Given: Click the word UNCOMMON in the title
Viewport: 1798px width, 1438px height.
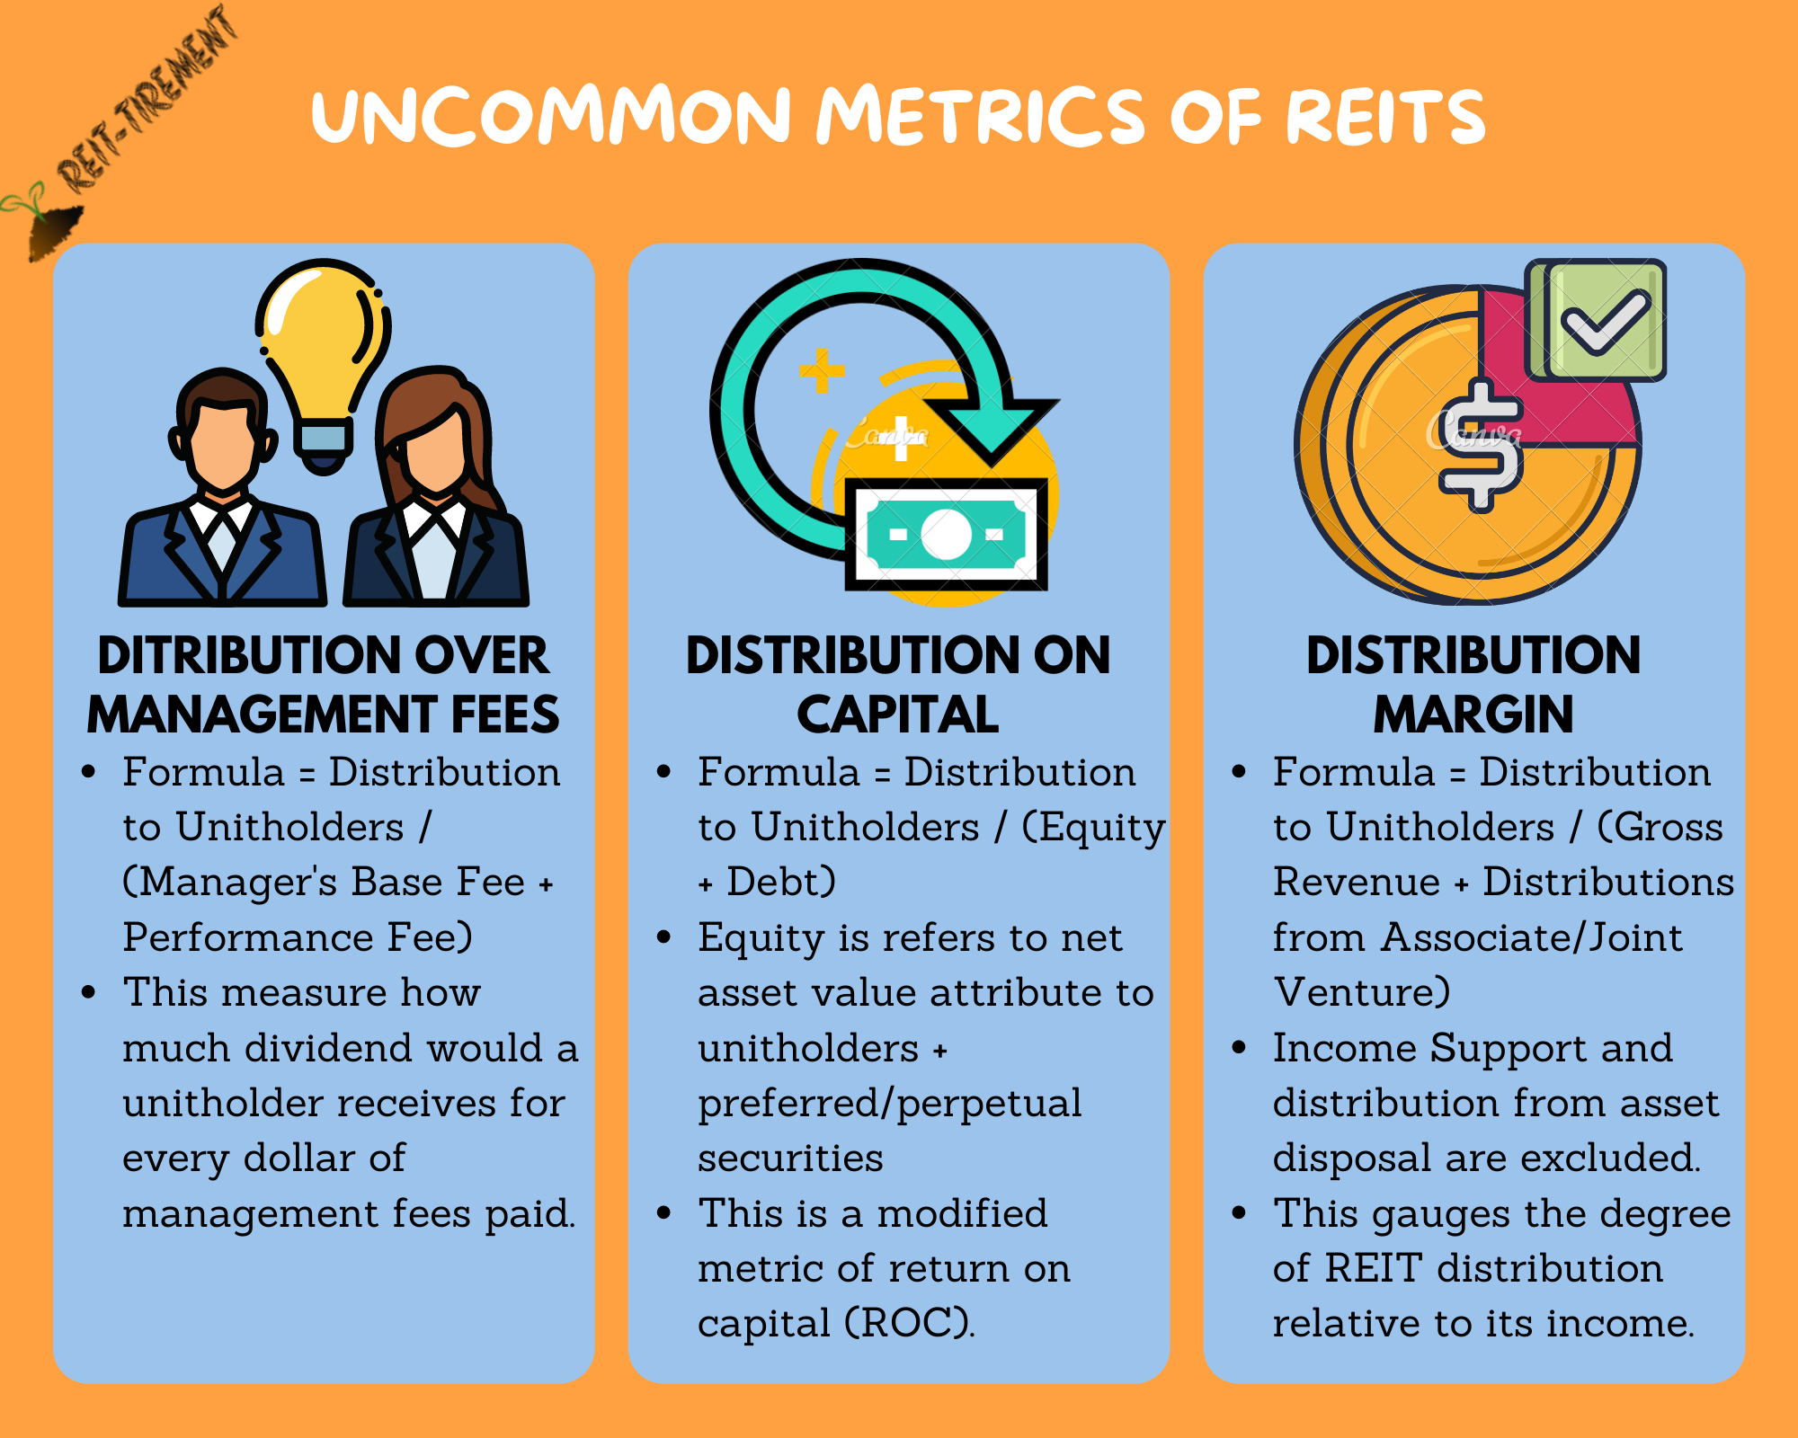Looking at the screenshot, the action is [x=550, y=117].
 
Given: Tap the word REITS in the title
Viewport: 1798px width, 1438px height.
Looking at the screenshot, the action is [x=1385, y=117].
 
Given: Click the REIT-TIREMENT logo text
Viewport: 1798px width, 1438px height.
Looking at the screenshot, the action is [x=148, y=99].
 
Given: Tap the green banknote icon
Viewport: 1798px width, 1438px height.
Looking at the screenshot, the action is [x=946, y=536].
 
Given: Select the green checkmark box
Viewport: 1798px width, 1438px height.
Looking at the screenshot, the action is [x=1598, y=320].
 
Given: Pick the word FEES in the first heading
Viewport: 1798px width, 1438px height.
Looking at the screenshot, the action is [x=505, y=715].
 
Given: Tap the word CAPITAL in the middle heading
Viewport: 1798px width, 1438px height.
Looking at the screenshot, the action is [x=898, y=715].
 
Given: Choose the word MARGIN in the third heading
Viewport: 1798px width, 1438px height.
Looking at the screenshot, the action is [x=1473, y=715].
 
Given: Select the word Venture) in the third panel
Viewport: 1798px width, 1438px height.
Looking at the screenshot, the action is [x=1362, y=992].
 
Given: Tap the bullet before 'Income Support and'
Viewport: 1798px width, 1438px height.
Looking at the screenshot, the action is [x=1239, y=1047].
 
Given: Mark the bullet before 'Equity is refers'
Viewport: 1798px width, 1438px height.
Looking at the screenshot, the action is [x=663, y=937].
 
